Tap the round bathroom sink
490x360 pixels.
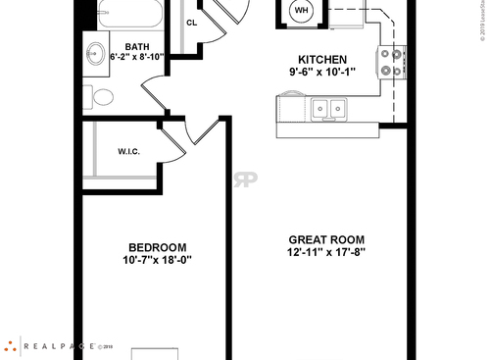[x=96, y=54]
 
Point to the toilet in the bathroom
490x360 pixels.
[x=100, y=96]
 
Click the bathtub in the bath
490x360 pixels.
[x=131, y=15]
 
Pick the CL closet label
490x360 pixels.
[x=192, y=21]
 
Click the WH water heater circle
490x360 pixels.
[x=301, y=11]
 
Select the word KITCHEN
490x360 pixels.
[x=322, y=59]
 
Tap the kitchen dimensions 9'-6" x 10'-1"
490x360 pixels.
[x=322, y=72]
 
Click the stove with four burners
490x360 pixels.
[x=392, y=62]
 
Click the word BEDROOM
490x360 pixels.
[x=157, y=247]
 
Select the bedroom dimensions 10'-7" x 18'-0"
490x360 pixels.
[x=157, y=260]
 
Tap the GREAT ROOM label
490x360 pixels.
[x=326, y=239]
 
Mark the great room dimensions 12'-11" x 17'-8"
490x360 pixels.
[x=326, y=252]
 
